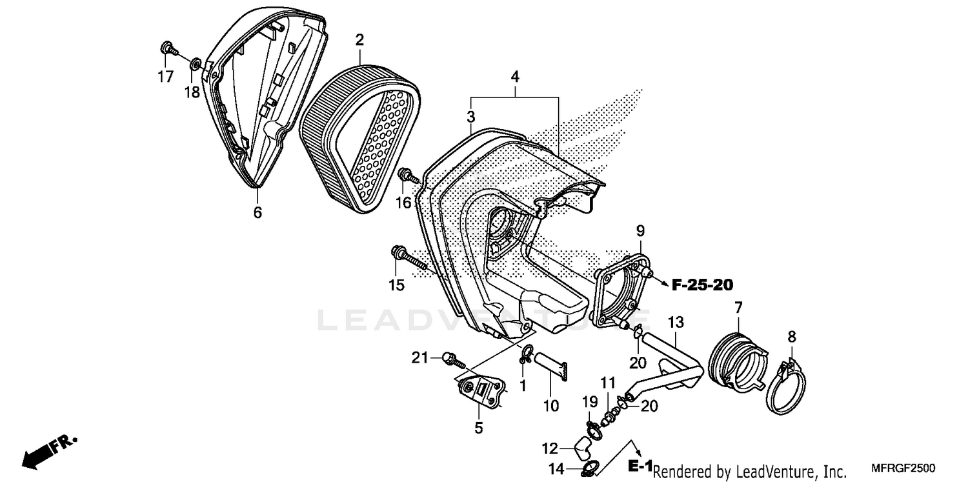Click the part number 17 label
(165, 77)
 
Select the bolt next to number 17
(167, 48)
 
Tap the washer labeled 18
(194, 65)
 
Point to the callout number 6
(257, 212)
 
